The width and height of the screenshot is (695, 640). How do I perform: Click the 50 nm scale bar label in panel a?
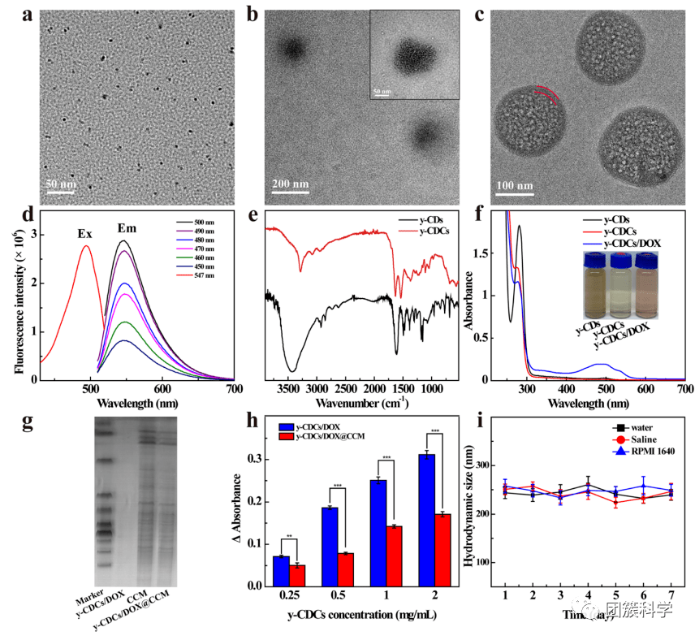60,184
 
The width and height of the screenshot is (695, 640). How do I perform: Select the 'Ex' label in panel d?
84,234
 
